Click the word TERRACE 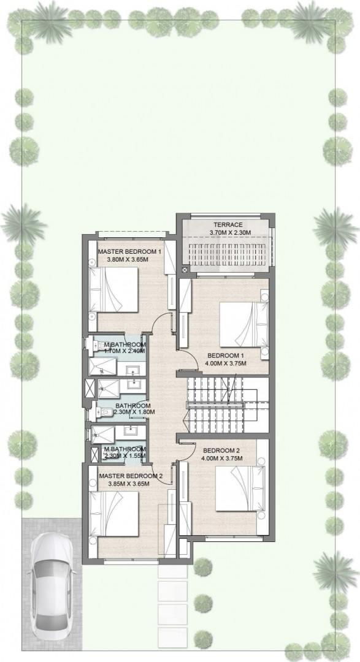click(228, 224)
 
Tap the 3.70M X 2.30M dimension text click(230, 233)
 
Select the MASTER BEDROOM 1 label click(130, 252)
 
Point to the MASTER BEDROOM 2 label click(131, 476)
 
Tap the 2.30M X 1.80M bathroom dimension click(135, 412)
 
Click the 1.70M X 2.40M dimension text click(124, 351)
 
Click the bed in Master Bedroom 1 click(114, 289)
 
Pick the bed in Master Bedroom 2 click(114, 514)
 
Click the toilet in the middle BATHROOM click(101, 412)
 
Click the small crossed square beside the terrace click(185, 270)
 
